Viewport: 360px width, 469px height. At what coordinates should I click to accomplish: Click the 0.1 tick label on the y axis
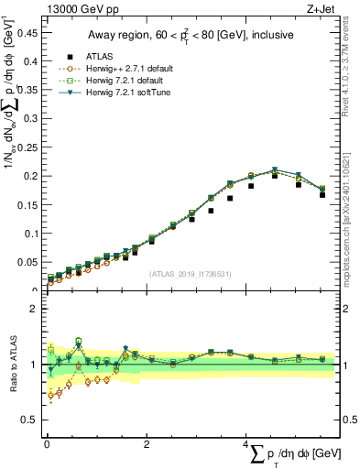(x=30, y=233)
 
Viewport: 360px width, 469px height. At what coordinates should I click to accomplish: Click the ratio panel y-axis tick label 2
(x=35, y=309)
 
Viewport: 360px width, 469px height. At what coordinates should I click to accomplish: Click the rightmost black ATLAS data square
(x=322, y=194)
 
